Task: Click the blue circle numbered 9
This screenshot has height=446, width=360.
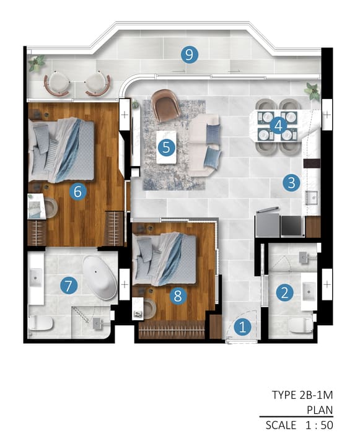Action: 190,55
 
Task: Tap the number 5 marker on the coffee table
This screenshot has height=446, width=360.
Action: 166,147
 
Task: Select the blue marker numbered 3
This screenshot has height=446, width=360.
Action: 291,183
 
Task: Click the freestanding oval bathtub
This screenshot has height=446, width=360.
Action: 100,278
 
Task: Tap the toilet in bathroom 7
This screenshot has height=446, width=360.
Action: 40,323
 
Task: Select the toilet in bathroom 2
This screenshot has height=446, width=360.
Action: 301,325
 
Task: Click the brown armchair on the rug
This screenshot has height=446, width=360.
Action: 165,105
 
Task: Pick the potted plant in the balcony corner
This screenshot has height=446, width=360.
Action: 37,63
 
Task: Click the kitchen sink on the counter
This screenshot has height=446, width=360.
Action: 312,198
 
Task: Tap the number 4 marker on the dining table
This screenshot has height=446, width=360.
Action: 278,125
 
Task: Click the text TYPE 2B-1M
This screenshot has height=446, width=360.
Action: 302,395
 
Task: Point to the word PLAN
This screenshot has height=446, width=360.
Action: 320,410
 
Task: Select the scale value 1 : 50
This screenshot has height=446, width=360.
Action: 319,425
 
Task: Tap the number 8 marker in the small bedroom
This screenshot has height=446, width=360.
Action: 178,296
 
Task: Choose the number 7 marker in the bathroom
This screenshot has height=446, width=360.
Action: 69,286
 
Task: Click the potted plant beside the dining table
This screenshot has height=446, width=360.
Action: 312,90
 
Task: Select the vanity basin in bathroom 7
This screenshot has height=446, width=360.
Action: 36,278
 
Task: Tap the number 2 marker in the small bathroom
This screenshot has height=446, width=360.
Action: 284,292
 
